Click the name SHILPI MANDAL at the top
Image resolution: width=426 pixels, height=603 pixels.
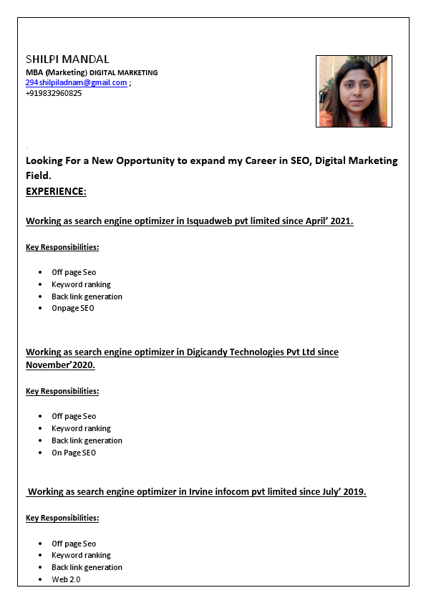tap(67, 59)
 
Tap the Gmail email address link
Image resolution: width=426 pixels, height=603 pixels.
tap(76, 83)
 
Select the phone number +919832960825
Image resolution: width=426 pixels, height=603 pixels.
tap(54, 93)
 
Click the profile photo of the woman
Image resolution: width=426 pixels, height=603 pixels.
tap(354, 91)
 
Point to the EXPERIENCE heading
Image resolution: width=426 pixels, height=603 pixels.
tap(56, 191)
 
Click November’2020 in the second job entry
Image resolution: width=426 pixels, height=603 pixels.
tap(60, 365)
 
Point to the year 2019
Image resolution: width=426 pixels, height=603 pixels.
tap(353, 492)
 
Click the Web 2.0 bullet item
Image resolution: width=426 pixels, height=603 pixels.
tap(66, 579)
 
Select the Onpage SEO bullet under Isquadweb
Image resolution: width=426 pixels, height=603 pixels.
tap(73, 309)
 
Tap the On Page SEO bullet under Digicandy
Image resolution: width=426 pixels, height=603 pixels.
tap(74, 453)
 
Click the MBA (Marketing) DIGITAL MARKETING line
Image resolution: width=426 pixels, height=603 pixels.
tap(92, 72)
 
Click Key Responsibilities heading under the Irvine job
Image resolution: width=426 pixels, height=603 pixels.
tap(62, 518)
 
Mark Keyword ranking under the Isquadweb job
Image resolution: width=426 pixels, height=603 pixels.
tap(81, 284)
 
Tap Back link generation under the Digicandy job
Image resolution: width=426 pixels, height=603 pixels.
tap(87, 440)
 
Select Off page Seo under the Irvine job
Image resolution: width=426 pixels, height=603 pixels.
tap(74, 544)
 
